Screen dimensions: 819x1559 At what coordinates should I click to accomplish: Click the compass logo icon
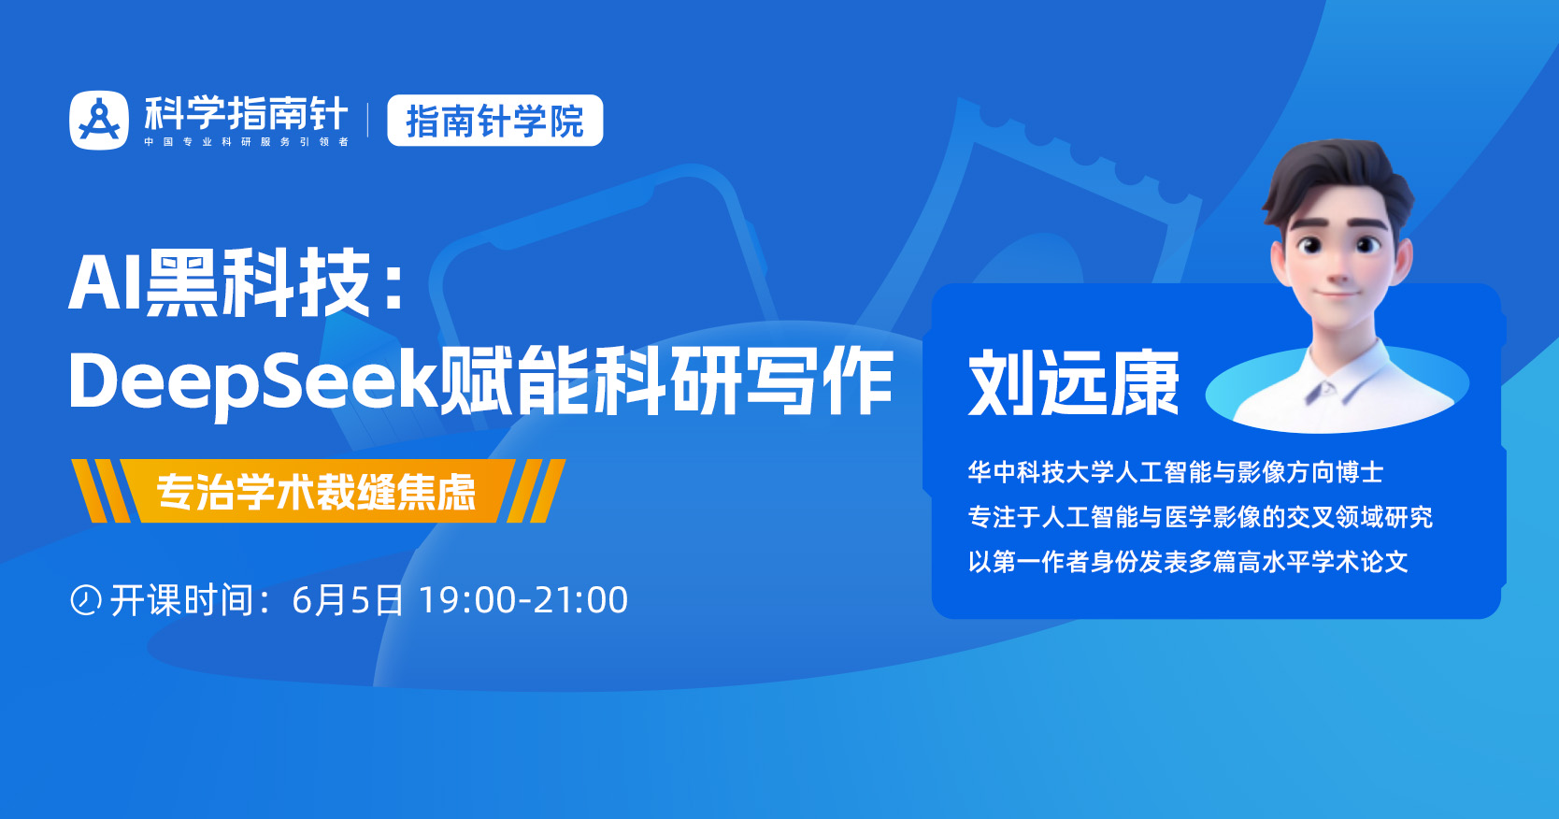tap(99, 120)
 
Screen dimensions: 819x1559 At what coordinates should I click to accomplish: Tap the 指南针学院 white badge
tap(494, 121)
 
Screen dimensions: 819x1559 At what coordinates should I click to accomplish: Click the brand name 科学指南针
tap(246, 113)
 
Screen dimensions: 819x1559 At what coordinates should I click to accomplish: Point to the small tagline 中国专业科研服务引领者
tap(246, 142)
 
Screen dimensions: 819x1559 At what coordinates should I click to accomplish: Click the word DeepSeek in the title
tap(252, 381)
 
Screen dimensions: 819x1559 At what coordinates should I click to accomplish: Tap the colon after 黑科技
tap(393, 285)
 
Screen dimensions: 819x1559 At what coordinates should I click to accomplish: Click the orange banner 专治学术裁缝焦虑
tap(316, 491)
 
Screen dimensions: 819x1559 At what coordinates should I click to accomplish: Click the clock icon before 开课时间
tap(85, 599)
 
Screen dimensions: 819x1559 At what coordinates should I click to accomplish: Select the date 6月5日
tap(347, 600)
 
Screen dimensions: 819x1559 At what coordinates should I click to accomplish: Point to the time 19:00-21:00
tap(523, 600)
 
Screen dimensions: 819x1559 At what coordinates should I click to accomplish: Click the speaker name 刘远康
tap(1073, 383)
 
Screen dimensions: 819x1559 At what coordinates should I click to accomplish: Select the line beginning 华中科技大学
tap(1175, 472)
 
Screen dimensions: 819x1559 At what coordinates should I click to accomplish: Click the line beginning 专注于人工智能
tap(1199, 517)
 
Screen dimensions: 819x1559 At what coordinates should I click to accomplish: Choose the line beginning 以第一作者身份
tap(1187, 562)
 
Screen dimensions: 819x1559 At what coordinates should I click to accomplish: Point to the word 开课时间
tap(182, 600)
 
